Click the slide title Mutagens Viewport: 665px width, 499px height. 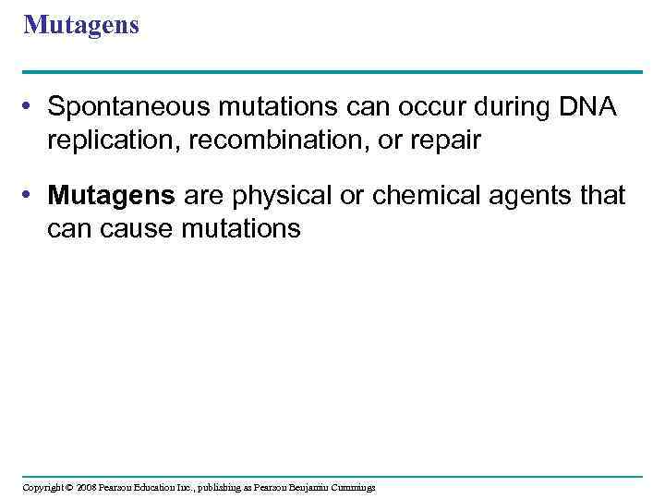point(81,25)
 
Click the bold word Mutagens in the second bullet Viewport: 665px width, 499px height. point(112,196)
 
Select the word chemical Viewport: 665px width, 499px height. point(420,196)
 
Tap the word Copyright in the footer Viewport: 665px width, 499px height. point(42,487)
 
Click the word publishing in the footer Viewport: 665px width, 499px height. point(215,487)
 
